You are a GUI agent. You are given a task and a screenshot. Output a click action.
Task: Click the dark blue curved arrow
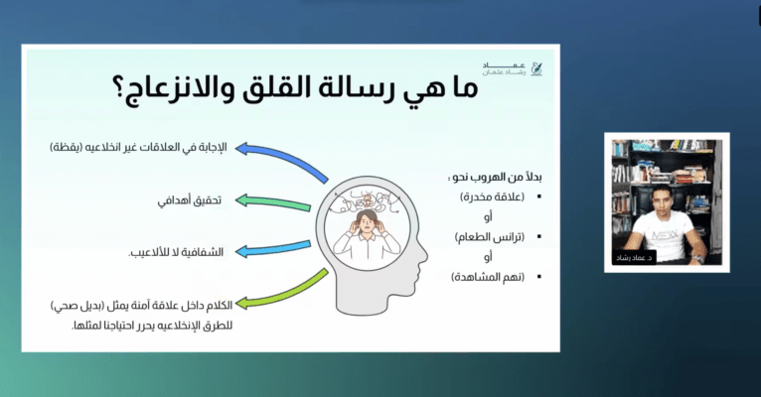click(x=281, y=159)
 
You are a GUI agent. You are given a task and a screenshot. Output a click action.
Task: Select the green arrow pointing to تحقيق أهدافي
click(x=273, y=202)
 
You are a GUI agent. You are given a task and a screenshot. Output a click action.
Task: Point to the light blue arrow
click(x=273, y=248)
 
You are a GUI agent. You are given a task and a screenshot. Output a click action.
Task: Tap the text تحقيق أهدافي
click(x=190, y=200)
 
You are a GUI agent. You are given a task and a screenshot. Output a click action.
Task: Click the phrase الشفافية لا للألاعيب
click(x=176, y=252)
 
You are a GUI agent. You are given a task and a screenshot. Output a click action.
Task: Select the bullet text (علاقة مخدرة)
click(x=492, y=197)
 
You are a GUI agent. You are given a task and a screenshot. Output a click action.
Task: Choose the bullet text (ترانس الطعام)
click(x=490, y=237)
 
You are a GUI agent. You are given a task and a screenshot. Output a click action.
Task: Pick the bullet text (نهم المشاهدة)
click(x=488, y=277)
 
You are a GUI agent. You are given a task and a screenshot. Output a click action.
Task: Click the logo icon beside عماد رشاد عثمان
click(x=535, y=68)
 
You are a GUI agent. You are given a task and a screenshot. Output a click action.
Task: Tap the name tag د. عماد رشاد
click(x=634, y=257)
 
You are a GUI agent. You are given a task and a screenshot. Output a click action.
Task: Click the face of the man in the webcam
click(x=661, y=200)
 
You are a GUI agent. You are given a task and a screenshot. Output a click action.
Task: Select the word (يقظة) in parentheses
click(x=66, y=147)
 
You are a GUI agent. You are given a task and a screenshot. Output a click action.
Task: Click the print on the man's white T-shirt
click(x=665, y=236)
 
